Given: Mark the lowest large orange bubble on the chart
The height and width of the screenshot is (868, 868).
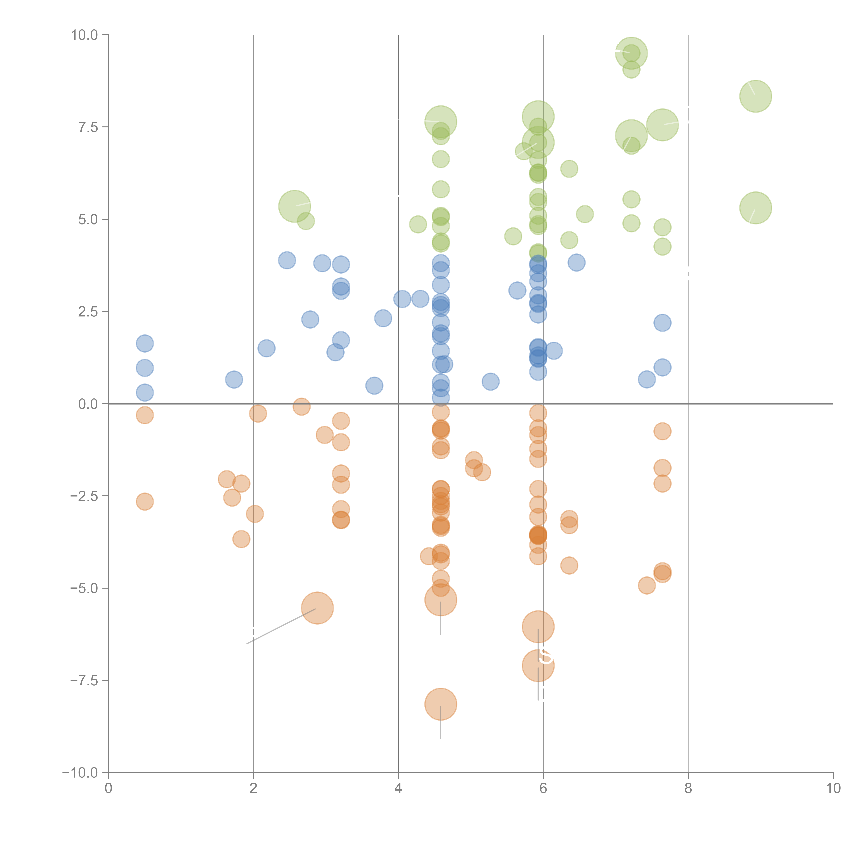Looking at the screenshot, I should click(x=440, y=704).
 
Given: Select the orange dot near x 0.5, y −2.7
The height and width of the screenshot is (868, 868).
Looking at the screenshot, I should click(x=145, y=501).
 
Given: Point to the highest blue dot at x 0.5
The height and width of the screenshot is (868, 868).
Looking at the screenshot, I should click(x=145, y=344).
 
